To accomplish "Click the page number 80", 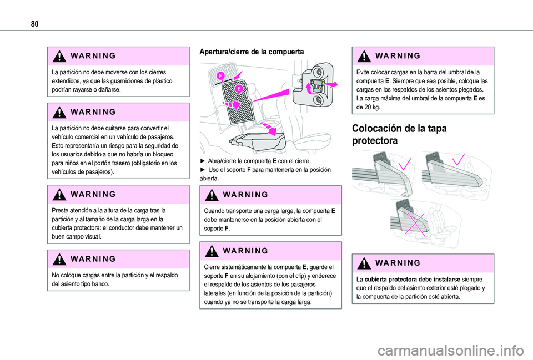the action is (34, 24).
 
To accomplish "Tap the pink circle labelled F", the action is (221, 76).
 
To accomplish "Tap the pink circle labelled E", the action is (239, 89).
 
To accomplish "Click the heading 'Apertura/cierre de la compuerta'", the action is (252, 52).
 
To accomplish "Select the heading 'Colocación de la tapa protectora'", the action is (399, 134).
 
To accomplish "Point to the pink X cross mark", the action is (414, 225).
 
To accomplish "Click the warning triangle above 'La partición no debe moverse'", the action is (59, 56).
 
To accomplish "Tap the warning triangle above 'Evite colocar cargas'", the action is (364, 56).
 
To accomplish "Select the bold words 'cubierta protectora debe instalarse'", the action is (413, 280).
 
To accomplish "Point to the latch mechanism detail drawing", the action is (314, 84).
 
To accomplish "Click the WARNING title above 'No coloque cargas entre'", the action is (93, 259).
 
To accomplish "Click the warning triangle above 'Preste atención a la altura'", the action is (59, 195).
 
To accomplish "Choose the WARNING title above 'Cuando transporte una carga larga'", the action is (245, 195).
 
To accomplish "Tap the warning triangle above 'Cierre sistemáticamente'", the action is (212, 251).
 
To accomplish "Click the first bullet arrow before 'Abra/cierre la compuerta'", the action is (203, 161).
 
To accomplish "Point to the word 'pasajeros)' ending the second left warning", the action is (100, 172).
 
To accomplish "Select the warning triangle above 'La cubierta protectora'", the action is (364, 263).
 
